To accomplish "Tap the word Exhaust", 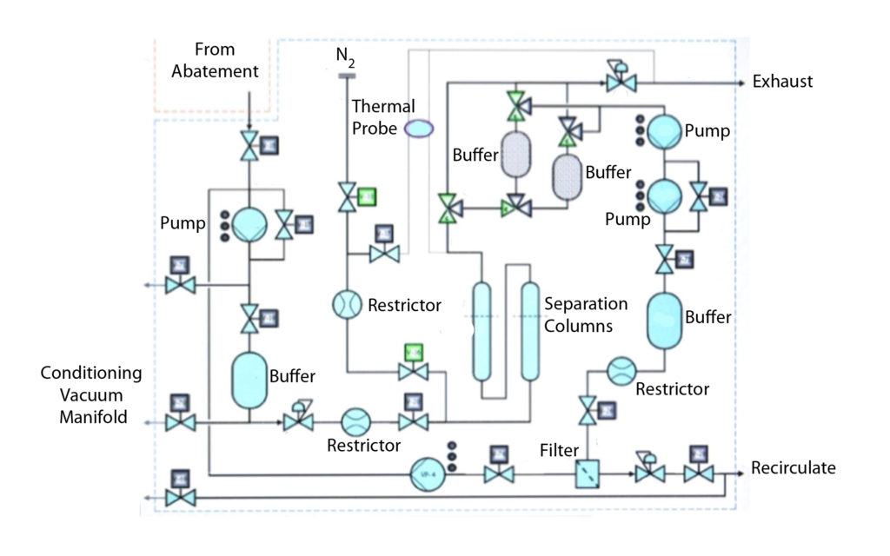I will (782, 83).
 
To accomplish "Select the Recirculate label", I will (793, 468).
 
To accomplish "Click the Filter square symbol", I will (588, 474).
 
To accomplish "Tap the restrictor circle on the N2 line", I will (347, 305).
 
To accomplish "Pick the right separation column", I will (529, 332).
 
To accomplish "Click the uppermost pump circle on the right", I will (665, 131).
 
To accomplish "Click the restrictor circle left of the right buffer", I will (622, 372).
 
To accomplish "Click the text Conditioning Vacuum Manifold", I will (90, 394).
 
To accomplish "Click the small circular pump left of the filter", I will (425, 473).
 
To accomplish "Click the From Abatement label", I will (215, 60).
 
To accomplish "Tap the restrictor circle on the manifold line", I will (355, 423).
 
